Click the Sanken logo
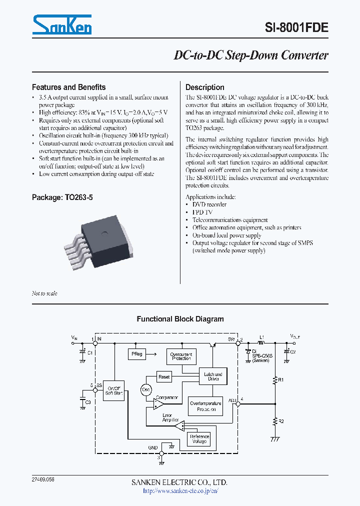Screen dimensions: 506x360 coord(62,24)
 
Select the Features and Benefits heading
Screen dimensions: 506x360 coord(68,87)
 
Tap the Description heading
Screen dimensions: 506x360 coord(204,87)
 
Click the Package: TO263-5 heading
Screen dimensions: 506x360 coord(62,197)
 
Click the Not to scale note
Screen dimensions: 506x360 coord(44,293)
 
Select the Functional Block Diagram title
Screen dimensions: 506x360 coord(180,319)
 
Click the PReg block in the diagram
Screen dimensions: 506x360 coord(137,354)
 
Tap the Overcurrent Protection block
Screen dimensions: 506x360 coord(181,356)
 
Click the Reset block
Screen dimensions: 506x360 coord(164,376)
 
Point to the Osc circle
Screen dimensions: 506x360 coord(146,390)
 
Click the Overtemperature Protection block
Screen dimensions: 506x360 coord(205,406)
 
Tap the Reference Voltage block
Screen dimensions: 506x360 coord(198,439)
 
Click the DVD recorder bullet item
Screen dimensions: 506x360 coord(209,204)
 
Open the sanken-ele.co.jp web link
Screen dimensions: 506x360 coord(180,491)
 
